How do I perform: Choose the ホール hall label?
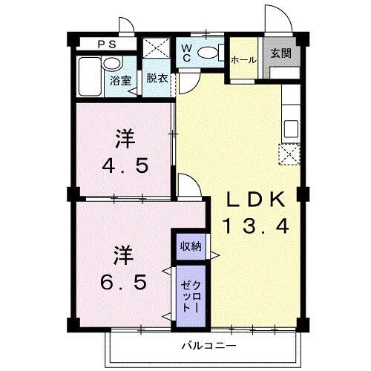243,60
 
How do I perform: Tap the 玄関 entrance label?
280,53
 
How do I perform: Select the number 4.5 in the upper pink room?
125,164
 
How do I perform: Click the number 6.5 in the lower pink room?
124,281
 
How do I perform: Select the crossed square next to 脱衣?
157,47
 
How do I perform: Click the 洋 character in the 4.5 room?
124,138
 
